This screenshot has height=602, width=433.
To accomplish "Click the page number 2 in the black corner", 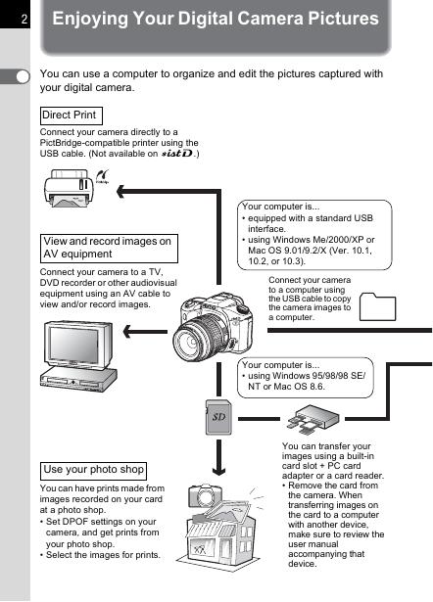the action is point(24,19).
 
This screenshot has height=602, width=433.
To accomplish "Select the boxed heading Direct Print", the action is point(72,116).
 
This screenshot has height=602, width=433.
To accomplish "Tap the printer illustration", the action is point(69,188).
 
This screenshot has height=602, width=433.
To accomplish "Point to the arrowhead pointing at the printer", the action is point(120,191).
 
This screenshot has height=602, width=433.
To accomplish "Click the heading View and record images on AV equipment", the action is point(109,248).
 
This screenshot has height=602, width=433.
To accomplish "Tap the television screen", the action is point(74,345).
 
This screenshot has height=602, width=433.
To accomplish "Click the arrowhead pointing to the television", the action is point(127,331).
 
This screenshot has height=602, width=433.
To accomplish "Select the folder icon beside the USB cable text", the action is point(377,306).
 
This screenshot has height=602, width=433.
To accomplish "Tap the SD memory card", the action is point(218,417).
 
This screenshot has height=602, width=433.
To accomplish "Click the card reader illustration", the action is point(313,419).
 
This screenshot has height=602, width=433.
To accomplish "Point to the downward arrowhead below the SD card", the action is point(218,470).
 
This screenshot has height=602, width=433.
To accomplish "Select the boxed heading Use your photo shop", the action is point(93,471).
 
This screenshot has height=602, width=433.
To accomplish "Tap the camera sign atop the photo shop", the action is point(205,495).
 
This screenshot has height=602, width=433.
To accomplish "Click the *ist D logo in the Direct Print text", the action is point(177,154).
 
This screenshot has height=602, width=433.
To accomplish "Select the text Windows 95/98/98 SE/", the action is point(307,376).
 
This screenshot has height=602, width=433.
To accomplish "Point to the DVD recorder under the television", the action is point(78,379).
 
